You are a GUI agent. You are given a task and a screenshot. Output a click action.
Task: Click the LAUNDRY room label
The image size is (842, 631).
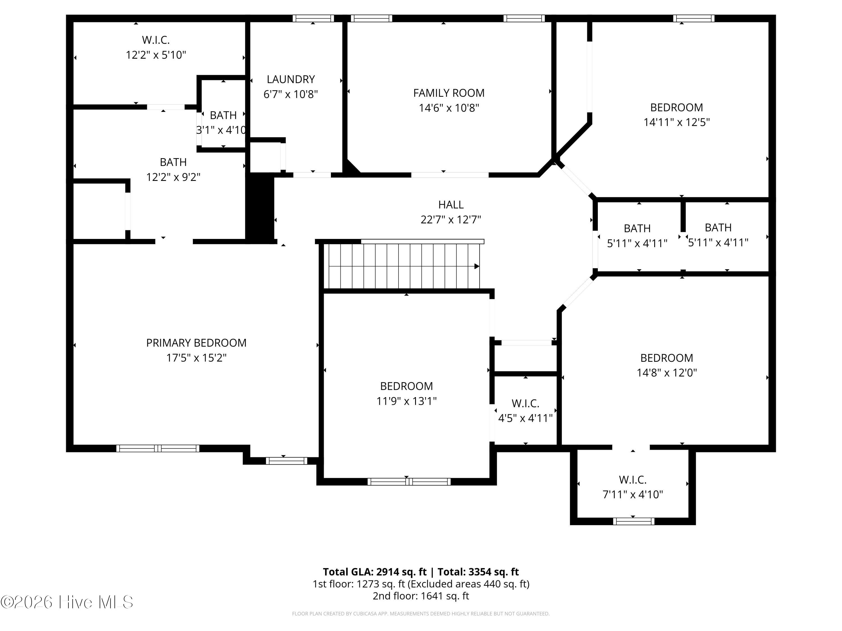[x=291, y=79]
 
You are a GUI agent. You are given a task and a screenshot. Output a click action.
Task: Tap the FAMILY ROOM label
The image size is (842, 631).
[x=449, y=93]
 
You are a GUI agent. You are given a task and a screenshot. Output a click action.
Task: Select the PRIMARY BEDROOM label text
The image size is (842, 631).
[x=196, y=343]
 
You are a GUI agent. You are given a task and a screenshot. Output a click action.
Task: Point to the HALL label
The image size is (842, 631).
[x=451, y=205]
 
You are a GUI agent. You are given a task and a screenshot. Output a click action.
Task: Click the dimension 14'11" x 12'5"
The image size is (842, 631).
[x=676, y=122]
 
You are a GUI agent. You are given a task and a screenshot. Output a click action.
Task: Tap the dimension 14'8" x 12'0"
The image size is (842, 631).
[x=667, y=372]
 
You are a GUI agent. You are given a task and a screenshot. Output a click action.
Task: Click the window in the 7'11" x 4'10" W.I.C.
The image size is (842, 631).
[x=634, y=521]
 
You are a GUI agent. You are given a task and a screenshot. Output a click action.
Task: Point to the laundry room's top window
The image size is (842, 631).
[x=313, y=18]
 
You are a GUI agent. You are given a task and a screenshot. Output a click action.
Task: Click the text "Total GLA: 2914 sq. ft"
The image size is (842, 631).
[x=375, y=572]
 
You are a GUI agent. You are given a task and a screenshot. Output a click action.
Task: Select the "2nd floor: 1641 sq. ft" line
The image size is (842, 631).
[x=421, y=596]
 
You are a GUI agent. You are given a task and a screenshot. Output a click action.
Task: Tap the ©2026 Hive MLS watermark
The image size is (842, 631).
[x=67, y=602]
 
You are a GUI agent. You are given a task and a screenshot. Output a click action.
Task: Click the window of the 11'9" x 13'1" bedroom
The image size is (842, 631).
[x=409, y=482]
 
